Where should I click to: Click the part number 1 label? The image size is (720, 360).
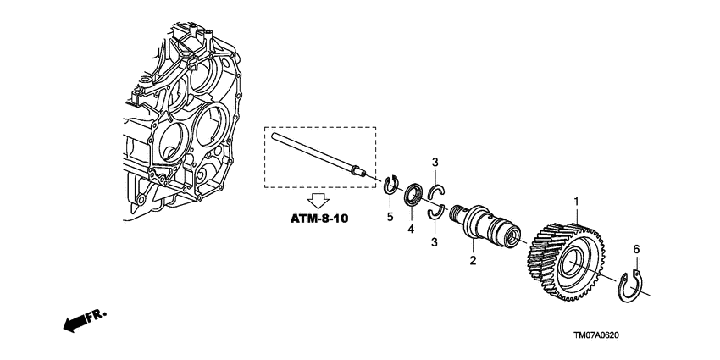(x=578, y=202)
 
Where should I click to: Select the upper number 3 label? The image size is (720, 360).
(x=435, y=162)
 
